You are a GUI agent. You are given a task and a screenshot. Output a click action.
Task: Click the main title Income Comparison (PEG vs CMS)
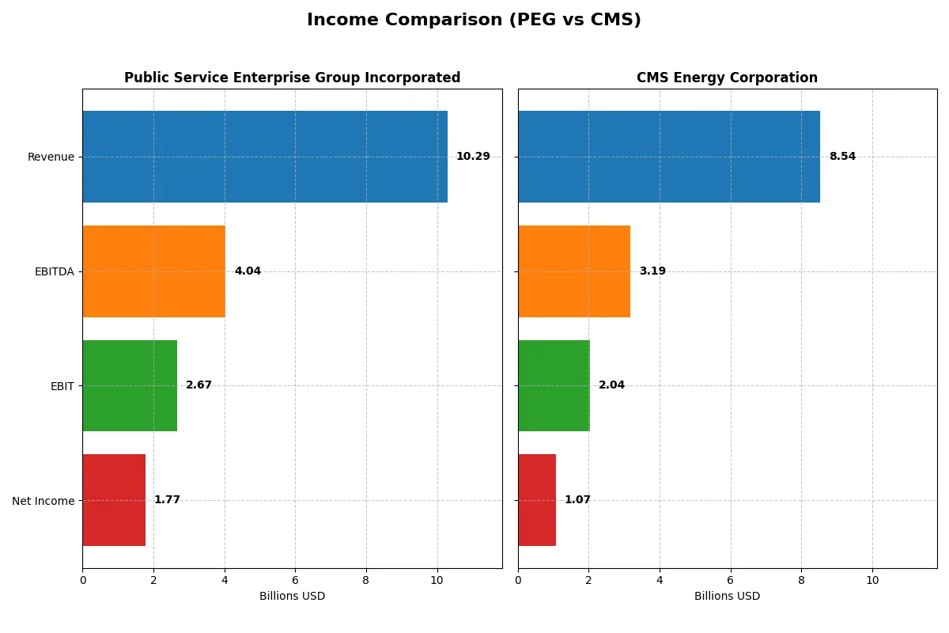[x=474, y=21]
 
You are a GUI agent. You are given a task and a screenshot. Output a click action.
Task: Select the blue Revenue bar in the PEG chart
[x=265, y=157]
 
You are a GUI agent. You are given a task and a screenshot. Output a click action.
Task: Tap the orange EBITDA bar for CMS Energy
[x=574, y=271]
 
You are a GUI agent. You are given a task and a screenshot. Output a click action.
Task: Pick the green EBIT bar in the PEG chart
[x=130, y=386]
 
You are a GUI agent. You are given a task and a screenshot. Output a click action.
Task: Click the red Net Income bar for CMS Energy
[x=537, y=500]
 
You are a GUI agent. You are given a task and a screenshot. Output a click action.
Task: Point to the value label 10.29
[x=473, y=157]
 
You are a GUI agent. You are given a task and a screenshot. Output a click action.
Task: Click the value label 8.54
[x=842, y=157]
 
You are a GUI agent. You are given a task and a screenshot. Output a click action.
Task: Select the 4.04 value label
[x=248, y=271]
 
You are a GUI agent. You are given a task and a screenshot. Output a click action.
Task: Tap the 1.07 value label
[x=577, y=500]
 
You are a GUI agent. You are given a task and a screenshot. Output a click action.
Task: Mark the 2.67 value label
[x=198, y=385]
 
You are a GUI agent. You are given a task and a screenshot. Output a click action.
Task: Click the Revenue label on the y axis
[x=51, y=157]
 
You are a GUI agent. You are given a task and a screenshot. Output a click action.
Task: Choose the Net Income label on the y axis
[x=43, y=501]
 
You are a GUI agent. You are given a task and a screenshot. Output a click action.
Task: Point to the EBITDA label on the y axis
[x=55, y=271]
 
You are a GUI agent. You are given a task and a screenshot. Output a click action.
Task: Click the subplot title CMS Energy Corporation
[x=727, y=78]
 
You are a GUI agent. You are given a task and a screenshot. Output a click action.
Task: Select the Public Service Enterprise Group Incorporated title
[x=292, y=78]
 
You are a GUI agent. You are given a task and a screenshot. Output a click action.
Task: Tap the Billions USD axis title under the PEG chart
[x=292, y=597]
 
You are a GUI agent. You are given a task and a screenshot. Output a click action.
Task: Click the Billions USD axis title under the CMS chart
[x=727, y=597]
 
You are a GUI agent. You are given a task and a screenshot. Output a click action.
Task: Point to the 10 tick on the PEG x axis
[x=437, y=580]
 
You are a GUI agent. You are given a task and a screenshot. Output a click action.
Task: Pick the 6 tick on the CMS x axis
[x=730, y=580]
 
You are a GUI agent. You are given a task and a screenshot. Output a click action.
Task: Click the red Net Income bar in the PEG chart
[x=114, y=500]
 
